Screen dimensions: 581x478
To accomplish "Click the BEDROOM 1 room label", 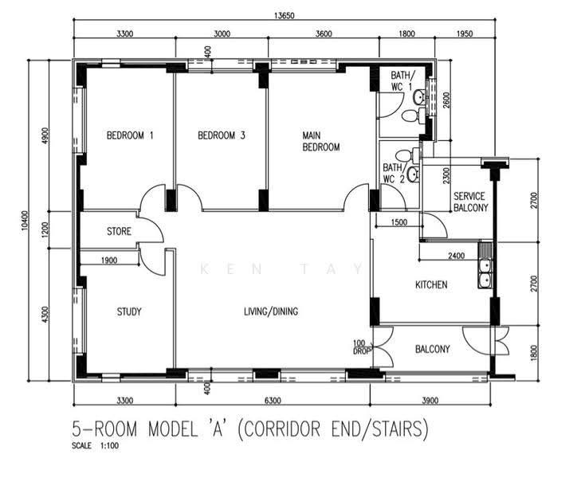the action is (x=130, y=135).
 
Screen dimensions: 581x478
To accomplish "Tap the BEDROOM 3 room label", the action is (x=222, y=135).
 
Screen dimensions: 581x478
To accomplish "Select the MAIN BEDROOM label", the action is (x=321, y=142).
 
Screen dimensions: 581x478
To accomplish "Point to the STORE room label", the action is (x=119, y=231).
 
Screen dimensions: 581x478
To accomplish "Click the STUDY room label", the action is (x=129, y=311).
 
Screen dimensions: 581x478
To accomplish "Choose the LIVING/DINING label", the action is (x=271, y=311).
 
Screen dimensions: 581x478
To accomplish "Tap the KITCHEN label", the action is (x=431, y=284).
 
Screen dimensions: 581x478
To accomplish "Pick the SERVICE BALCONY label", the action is (x=470, y=202).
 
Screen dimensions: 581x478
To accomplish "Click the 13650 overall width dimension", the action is (x=284, y=16).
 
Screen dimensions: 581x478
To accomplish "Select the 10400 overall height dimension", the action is (x=25, y=221).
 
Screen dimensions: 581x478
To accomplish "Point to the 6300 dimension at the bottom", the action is (x=273, y=401).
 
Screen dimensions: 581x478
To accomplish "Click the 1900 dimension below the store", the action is (x=109, y=261).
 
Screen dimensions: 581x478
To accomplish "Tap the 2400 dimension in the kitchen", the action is (x=456, y=256).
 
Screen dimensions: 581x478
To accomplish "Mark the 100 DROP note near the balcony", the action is (x=359, y=347).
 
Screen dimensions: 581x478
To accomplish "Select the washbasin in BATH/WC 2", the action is (x=412, y=174).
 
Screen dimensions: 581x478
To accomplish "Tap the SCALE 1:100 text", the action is (x=95, y=445).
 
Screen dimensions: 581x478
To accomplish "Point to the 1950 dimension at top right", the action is (x=465, y=33).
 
